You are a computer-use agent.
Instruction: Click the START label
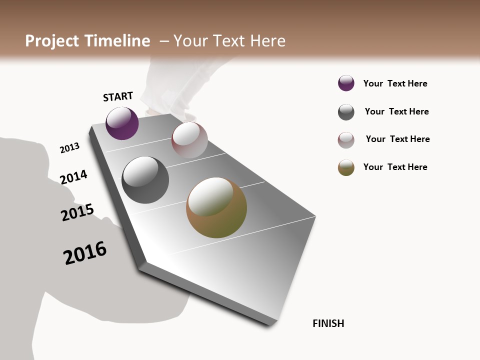[x=118, y=96]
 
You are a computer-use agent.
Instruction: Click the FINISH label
[x=328, y=323]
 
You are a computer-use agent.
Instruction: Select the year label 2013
[x=69, y=148]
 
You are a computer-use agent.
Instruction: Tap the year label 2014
[x=73, y=177]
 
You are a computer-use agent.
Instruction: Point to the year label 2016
[x=85, y=253]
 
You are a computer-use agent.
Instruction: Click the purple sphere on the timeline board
[x=122, y=123]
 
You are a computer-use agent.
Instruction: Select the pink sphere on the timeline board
[x=189, y=140]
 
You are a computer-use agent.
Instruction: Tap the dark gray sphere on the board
[x=145, y=180]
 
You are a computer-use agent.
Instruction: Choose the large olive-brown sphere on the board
[x=216, y=207]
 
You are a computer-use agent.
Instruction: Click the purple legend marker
[x=346, y=83]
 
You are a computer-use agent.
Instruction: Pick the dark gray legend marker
[x=346, y=112]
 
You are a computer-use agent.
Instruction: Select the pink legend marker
[x=346, y=140]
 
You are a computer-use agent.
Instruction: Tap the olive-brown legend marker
[x=346, y=167]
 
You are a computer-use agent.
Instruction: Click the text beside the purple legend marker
[x=395, y=83]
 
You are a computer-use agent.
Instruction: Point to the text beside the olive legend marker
[x=395, y=167]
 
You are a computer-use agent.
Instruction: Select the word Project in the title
[x=51, y=41]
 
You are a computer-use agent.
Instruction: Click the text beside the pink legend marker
[x=397, y=139]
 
